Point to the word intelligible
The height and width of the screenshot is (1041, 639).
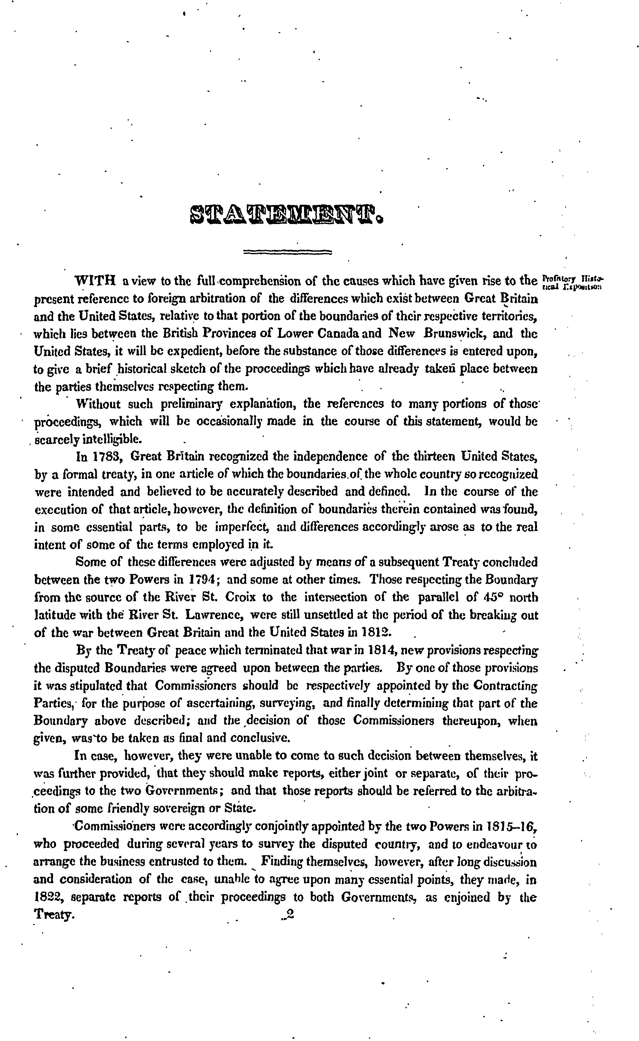pyautogui.click(x=104, y=439)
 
